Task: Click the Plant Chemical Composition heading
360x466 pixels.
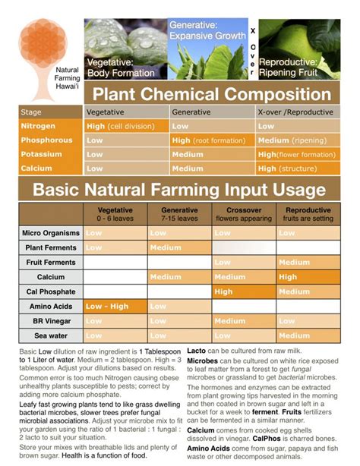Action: (x=212, y=95)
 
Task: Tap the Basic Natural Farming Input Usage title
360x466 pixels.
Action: (x=178, y=189)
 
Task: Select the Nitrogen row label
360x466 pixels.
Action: (x=38, y=126)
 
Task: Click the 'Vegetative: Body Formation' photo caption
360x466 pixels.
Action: (x=122, y=66)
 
